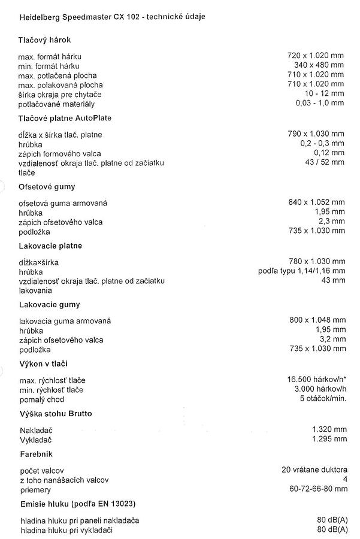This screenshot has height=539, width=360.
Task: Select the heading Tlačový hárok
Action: pos(45,40)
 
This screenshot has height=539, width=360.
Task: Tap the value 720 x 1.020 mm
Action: pos(316,56)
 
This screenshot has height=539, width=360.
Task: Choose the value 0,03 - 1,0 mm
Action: pos(320,104)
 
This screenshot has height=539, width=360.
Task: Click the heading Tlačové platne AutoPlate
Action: pos(65,118)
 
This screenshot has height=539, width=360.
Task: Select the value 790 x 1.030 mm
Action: pos(316,134)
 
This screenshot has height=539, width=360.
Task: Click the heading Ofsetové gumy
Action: pos(47,187)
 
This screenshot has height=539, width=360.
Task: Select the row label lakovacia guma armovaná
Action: pos(65,320)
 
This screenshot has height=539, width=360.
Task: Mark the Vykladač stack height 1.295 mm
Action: pos(329,439)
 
